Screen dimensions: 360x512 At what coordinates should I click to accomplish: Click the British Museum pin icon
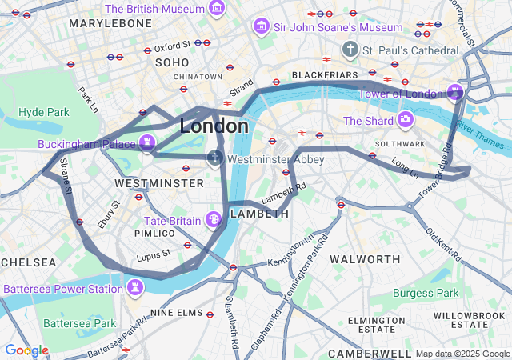pyautogui.click(x=216, y=9)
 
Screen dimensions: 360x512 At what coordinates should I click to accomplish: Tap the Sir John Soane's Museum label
pyautogui.click(x=337, y=27)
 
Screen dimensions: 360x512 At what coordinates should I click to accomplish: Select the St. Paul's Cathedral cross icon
pyautogui.click(x=349, y=50)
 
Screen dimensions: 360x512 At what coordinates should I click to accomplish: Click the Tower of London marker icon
pyautogui.click(x=455, y=93)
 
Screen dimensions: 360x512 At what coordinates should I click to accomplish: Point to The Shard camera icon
pyautogui.click(x=406, y=121)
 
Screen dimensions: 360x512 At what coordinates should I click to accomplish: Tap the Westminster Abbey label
pyautogui.click(x=276, y=159)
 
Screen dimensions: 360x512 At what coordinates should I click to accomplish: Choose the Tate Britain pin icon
pyautogui.click(x=214, y=220)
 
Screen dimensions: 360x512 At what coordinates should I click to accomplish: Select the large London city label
pyautogui.click(x=214, y=126)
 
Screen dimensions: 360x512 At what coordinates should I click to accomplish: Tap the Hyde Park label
pyautogui.click(x=44, y=112)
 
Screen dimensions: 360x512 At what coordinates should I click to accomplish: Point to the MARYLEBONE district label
pyautogui.click(x=110, y=23)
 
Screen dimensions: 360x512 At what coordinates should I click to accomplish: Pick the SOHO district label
pyautogui.click(x=172, y=62)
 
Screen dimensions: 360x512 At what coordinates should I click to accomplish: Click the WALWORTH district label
pyautogui.click(x=365, y=259)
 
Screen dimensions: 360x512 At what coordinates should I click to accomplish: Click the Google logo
pyautogui.click(x=26, y=350)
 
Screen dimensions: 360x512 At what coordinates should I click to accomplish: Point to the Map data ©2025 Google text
pyautogui.click(x=462, y=354)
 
